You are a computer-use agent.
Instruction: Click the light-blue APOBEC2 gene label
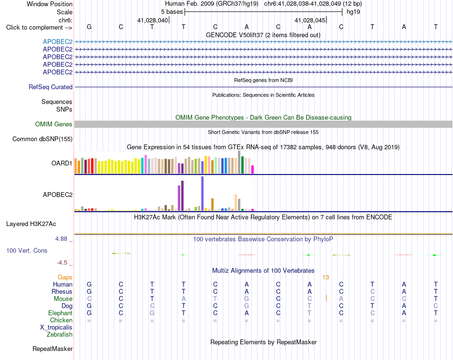pyautogui.click(x=58, y=41)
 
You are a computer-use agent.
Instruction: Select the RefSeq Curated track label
pyautogui.click(x=50, y=87)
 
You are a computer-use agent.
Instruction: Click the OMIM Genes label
pyautogui.click(x=53, y=124)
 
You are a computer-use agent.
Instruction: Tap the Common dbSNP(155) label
pyautogui.click(x=42, y=139)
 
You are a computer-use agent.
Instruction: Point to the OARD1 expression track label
pyautogui.click(x=62, y=163)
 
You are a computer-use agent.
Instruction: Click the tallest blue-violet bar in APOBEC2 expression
pyautogui.click(x=202, y=194)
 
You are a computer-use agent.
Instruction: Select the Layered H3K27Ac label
pyautogui.click(x=31, y=224)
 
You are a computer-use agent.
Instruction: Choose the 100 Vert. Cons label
pyautogui.click(x=27, y=250)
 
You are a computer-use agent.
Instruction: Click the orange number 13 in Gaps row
pyautogui.click(x=326, y=278)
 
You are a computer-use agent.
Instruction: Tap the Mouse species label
pyautogui.click(x=63, y=299)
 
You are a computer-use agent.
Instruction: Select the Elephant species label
pyautogui.click(x=60, y=313)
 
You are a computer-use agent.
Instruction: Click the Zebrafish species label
pyautogui.click(x=60, y=335)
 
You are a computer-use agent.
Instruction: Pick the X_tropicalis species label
pyautogui.click(x=56, y=328)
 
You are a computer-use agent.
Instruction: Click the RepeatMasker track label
pyautogui.click(x=52, y=349)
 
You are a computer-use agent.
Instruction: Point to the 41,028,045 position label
pyautogui.click(x=310, y=20)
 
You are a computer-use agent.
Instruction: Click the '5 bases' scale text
pyautogui.click(x=172, y=12)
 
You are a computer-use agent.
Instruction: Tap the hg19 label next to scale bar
pyautogui.click(x=353, y=12)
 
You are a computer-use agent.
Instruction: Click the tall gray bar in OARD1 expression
pyautogui.click(x=239, y=162)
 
